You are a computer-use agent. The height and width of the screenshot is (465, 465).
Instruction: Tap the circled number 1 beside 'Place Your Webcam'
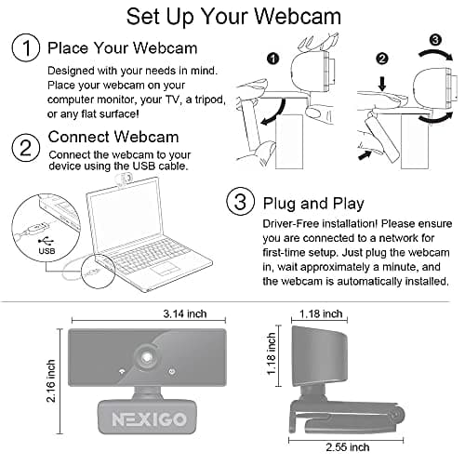tap(26, 48)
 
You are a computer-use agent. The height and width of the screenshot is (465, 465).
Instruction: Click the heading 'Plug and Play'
tap(314, 204)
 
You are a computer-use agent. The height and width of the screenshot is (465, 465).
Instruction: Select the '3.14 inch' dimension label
tap(184, 314)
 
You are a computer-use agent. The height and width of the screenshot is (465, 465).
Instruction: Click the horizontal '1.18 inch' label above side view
tap(323, 313)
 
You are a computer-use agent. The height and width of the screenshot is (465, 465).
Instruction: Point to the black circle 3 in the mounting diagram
tap(434, 39)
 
